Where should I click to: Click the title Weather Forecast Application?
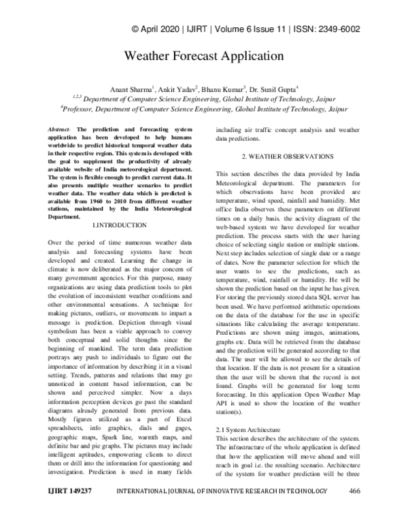pyautogui.click(x=203, y=55)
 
